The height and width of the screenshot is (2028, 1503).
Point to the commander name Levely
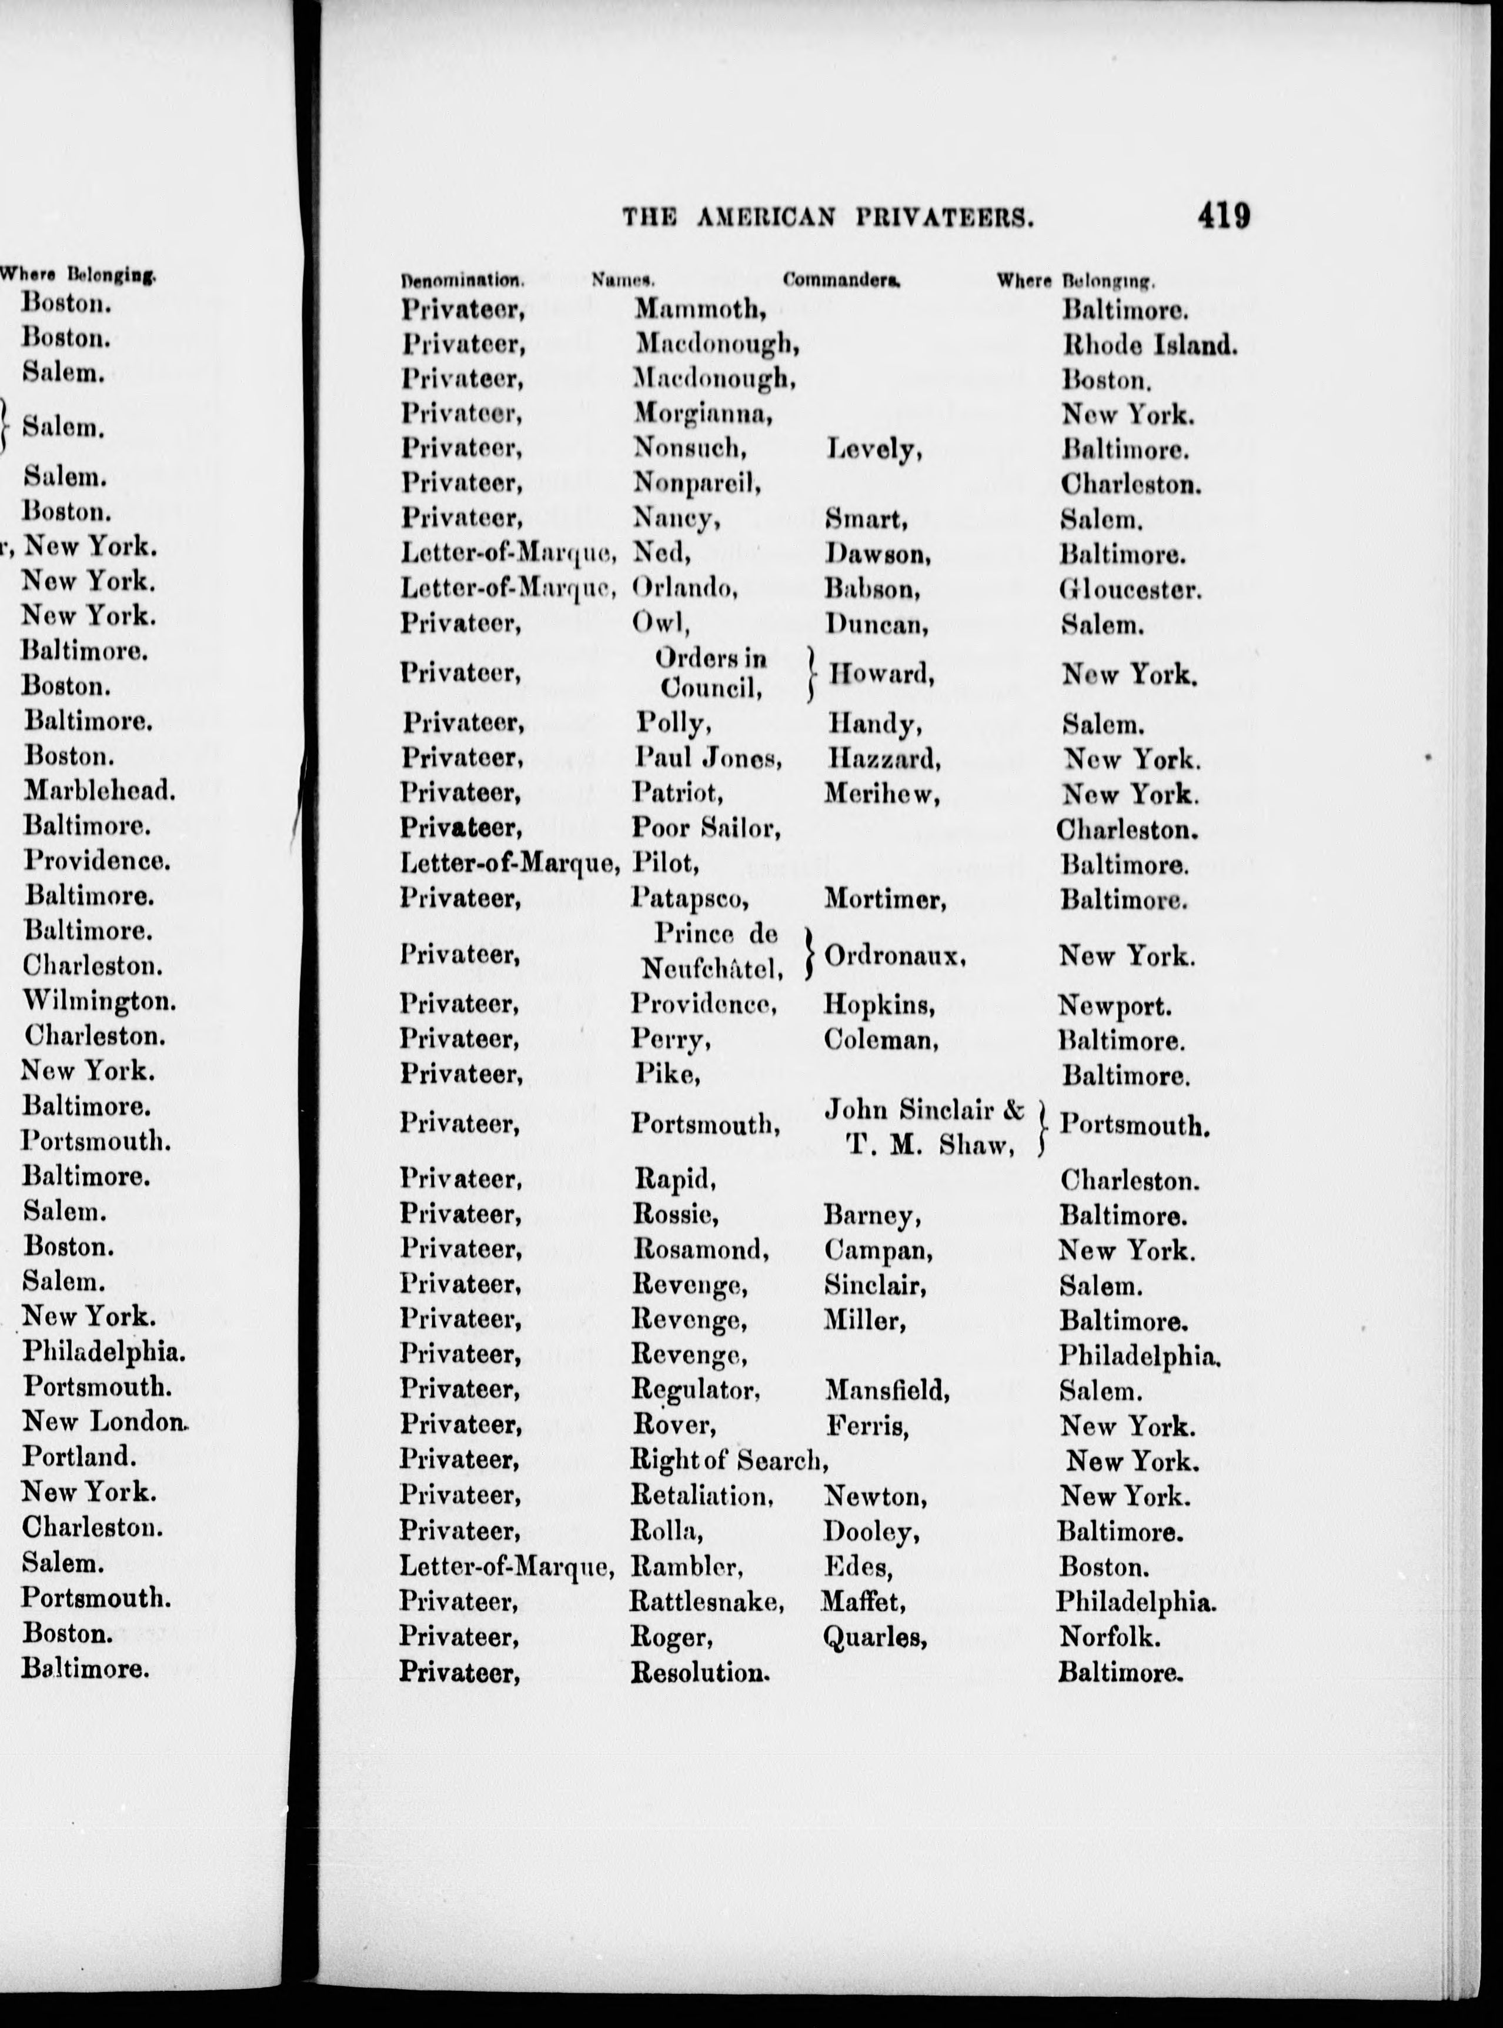pyautogui.click(x=873, y=449)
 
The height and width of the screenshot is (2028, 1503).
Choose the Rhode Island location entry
pyautogui.click(x=1149, y=345)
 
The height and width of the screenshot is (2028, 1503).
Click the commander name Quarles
pyautogui.click(x=874, y=1637)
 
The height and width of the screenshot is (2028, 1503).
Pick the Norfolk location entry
pyautogui.click(x=1109, y=1637)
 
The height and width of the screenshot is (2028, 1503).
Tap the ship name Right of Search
pyautogui.click(x=728, y=1460)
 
